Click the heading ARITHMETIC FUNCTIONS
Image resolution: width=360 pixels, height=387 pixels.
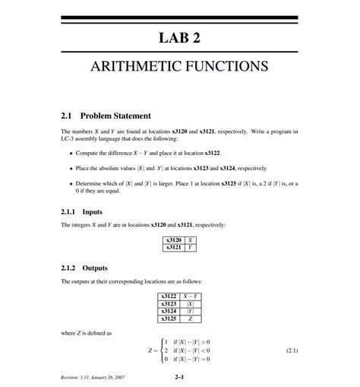click(x=179, y=66)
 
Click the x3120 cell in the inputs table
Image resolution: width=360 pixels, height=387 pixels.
click(x=172, y=240)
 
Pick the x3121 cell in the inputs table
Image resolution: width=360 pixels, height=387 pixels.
click(x=172, y=247)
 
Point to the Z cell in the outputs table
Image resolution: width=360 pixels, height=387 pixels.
click(x=190, y=319)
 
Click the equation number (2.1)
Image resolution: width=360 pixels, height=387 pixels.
click(x=292, y=351)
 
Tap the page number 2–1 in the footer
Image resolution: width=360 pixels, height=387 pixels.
click(x=180, y=376)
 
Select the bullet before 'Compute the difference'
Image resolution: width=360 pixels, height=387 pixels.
click(x=70, y=152)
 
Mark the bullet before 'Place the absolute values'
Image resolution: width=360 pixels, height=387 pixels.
click(x=70, y=168)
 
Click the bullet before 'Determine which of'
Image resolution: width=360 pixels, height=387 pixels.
click(x=70, y=184)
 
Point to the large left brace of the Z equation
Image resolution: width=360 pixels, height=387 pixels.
click(x=162, y=351)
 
